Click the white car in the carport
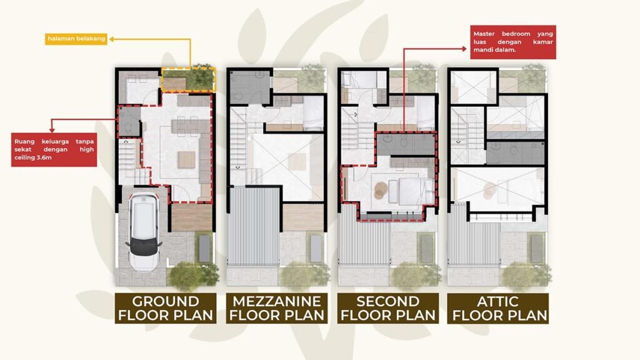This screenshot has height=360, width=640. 143,231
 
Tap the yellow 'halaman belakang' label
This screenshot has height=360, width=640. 76,39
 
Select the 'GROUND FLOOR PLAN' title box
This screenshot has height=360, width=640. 165,308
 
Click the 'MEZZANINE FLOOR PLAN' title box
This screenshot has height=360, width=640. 277,308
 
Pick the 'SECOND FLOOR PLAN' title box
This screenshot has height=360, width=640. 387,308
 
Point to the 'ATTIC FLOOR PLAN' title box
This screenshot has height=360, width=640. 498,308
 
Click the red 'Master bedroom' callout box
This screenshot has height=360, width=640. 513,42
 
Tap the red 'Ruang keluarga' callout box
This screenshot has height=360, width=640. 54,149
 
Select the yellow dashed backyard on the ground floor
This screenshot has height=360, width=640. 189,79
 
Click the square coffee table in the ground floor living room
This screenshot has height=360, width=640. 186,159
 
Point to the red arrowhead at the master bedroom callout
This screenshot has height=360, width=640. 464,49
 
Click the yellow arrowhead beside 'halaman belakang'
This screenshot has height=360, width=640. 111,39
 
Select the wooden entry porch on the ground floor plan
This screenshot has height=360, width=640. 191,217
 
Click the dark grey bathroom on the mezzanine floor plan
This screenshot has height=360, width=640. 249,87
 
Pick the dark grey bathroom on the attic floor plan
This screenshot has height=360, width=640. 516,152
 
